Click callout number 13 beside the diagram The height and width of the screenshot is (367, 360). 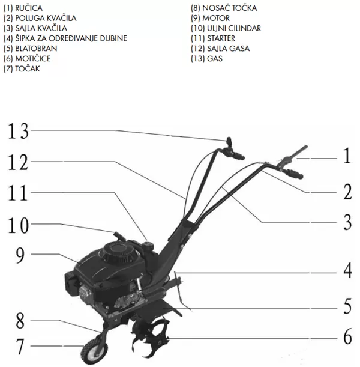click(x=18, y=131)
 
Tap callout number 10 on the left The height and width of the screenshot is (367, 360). click(x=18, y=225)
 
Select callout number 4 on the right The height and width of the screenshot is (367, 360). click(x=347, y=270)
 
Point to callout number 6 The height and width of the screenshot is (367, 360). click(x=347, y=336)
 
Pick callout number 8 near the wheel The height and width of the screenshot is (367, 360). click(x=20, y=321)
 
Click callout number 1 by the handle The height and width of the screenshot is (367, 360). click(x=347, y=156)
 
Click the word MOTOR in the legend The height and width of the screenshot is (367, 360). click(x=216, y=18)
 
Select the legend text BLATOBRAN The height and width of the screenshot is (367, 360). click(x=36, y=49)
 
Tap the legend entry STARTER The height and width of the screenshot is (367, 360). click(x=221, y=38)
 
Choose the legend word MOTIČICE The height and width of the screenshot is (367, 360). click(x=33, y=58)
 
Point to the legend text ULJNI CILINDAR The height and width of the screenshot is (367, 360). click(x=234, y=28)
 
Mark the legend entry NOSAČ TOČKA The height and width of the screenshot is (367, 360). click(x=230, y=8)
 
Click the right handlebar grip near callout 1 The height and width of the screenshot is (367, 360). click(x=294, y=174)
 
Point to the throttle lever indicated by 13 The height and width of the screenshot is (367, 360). click(x=229, y=142)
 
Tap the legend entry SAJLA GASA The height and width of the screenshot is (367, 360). click(x=229, y=49)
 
